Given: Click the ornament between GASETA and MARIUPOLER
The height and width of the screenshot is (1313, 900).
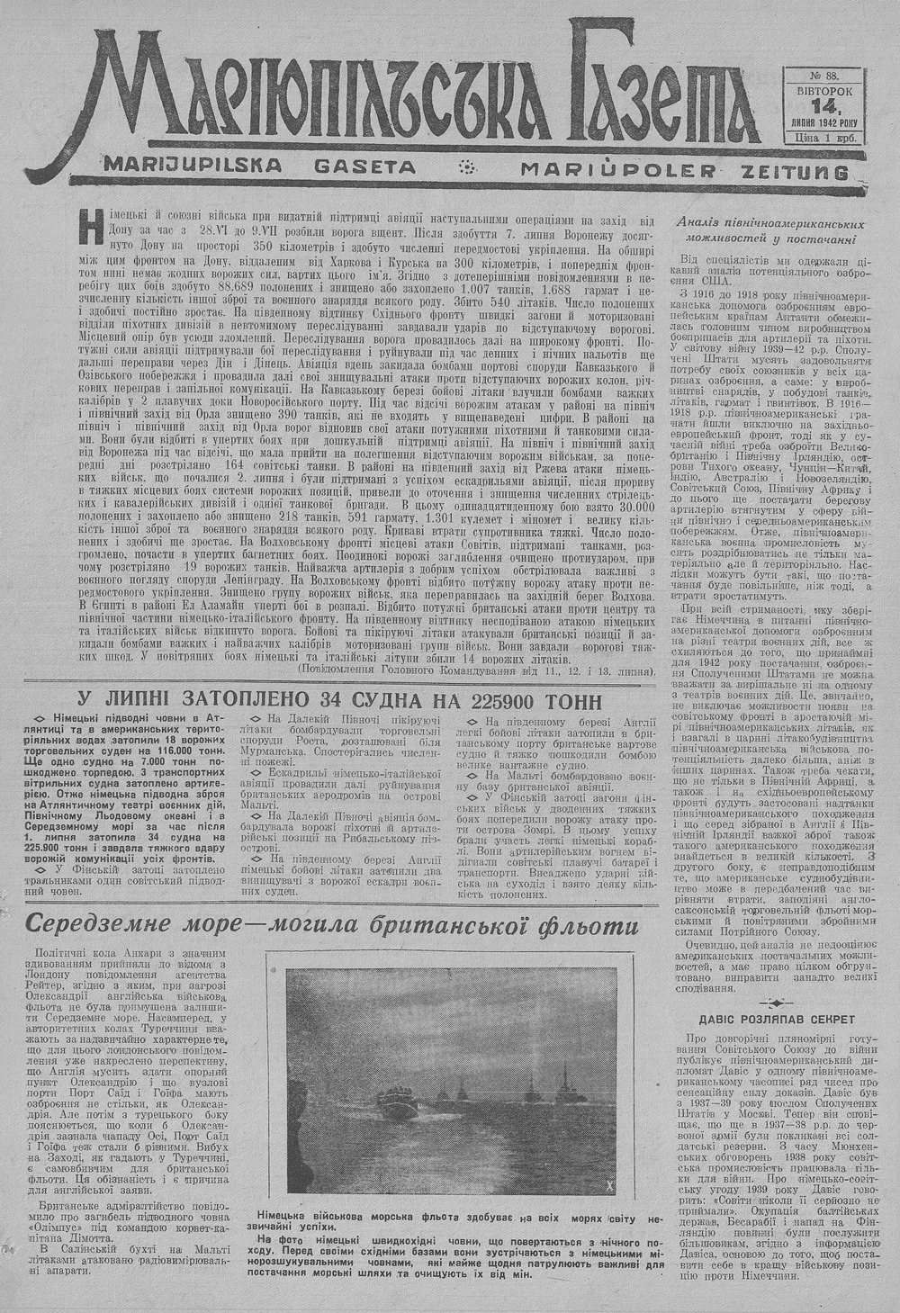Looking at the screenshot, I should click(467, 166).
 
